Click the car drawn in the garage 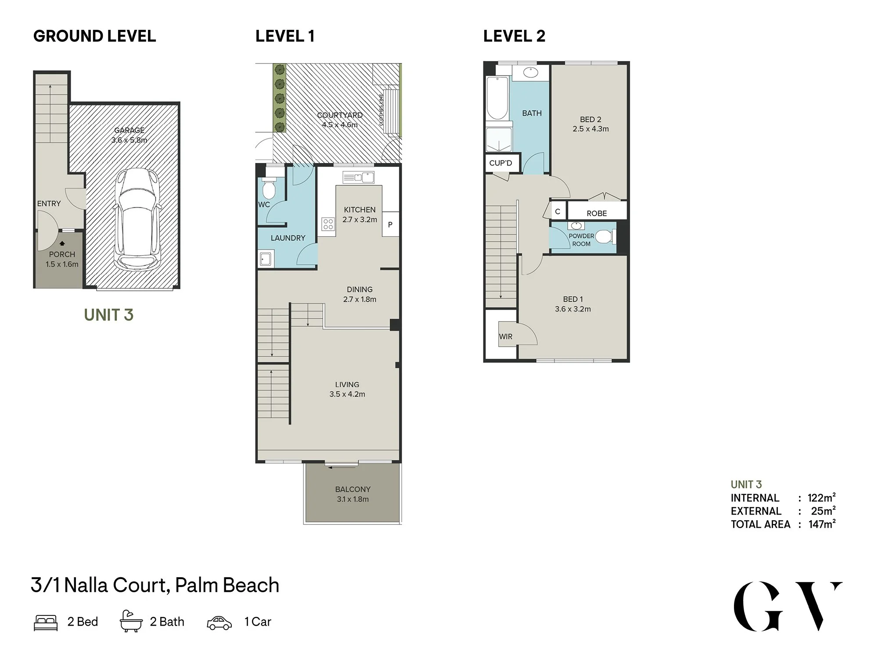point(136,220)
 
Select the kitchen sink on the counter point(359,177)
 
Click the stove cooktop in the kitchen point(328,224)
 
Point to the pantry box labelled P point(390,224)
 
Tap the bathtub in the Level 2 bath point(498,98)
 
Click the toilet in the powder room point(606,237)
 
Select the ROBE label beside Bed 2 point(597,214)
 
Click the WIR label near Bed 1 point(506,337)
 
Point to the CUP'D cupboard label point(501,163)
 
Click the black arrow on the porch point(62,243)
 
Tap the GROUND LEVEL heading point(95,36)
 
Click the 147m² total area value point(822,524)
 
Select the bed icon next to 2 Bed point(46,623)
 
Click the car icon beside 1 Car point(219,623)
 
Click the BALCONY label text point(353,489)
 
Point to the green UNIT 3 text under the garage point(109,315)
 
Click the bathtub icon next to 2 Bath point(131,621)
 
